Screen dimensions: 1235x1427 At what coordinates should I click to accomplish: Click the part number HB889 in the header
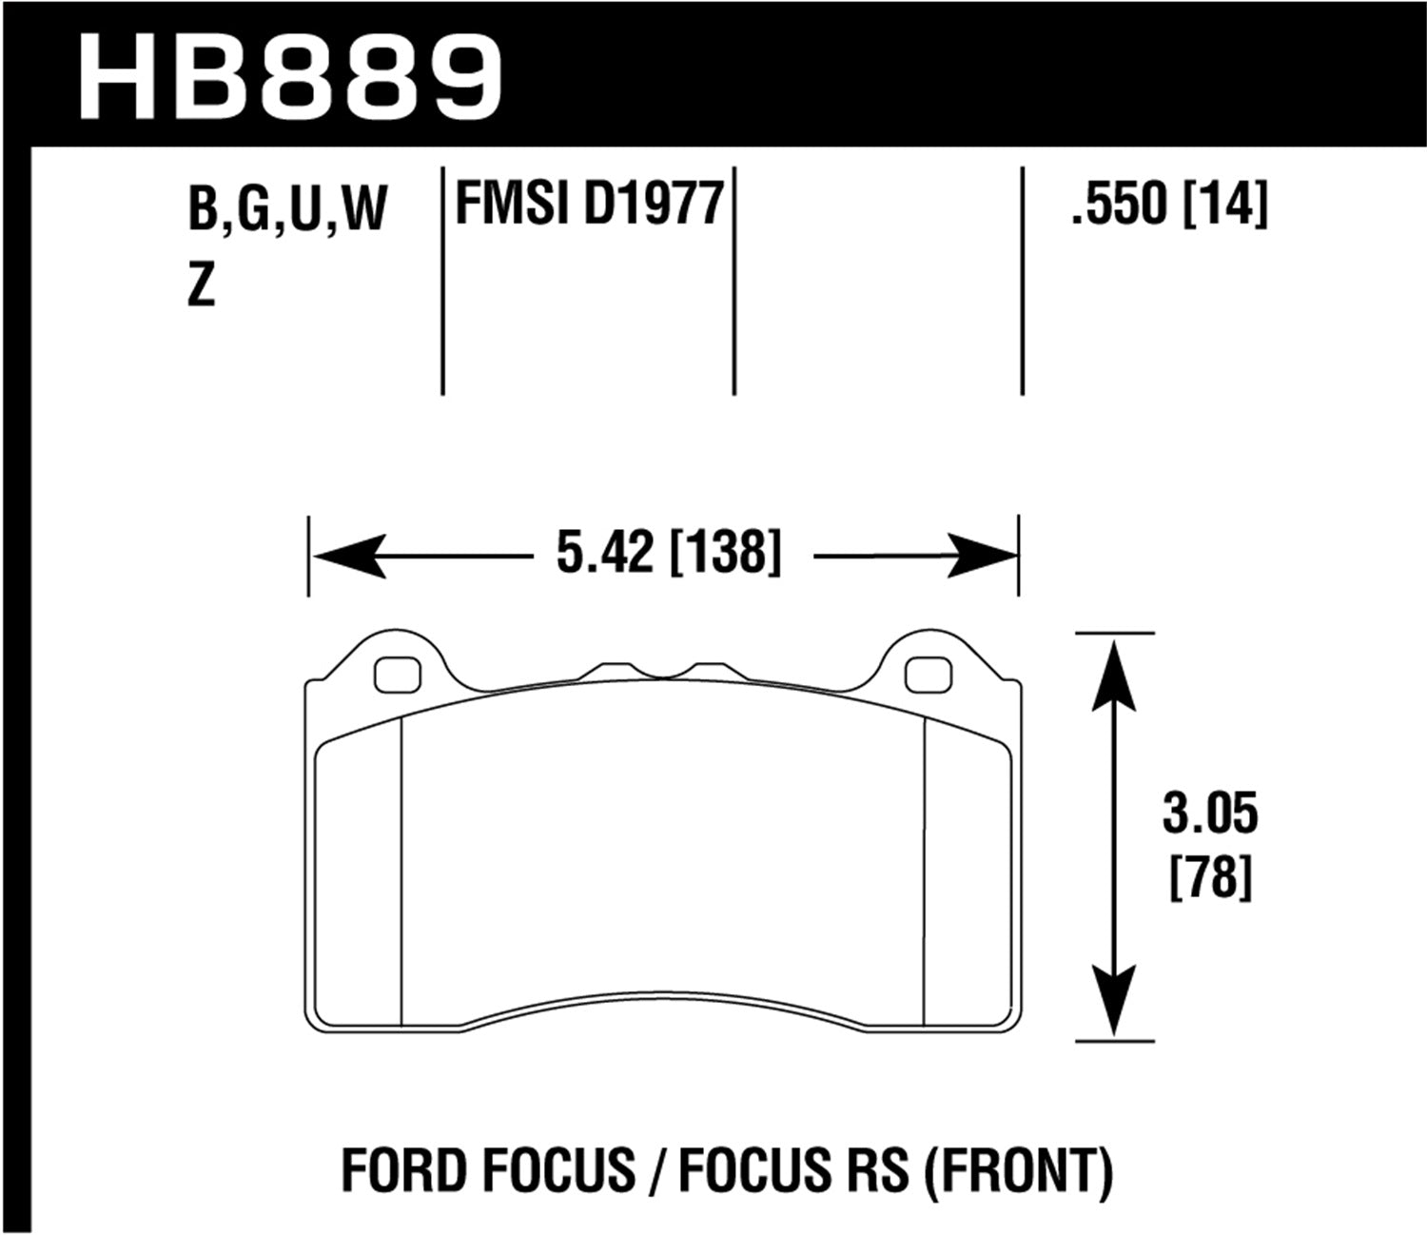click(x=290, y=76)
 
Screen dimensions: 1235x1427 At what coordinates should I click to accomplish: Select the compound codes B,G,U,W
click(x=287, y=209)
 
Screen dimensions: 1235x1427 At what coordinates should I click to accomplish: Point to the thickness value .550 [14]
click(x=1169, y=204)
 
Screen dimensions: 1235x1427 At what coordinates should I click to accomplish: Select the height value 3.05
click(x=1209, y=814)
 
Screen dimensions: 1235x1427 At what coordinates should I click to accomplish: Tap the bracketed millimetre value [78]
click(x=1209, y=877)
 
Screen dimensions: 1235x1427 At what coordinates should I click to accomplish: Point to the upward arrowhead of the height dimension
click(x=1114, y=670)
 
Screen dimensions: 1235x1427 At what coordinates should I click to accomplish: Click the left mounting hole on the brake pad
click(x=398, y=675)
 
